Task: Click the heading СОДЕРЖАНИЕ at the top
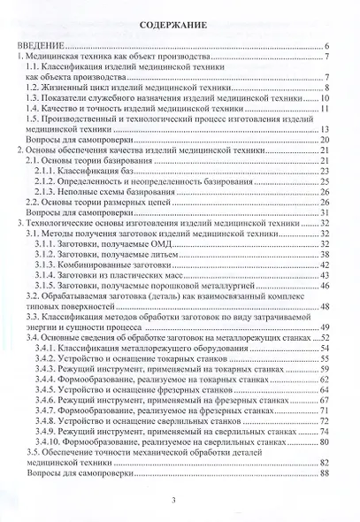[x=180, y=27]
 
